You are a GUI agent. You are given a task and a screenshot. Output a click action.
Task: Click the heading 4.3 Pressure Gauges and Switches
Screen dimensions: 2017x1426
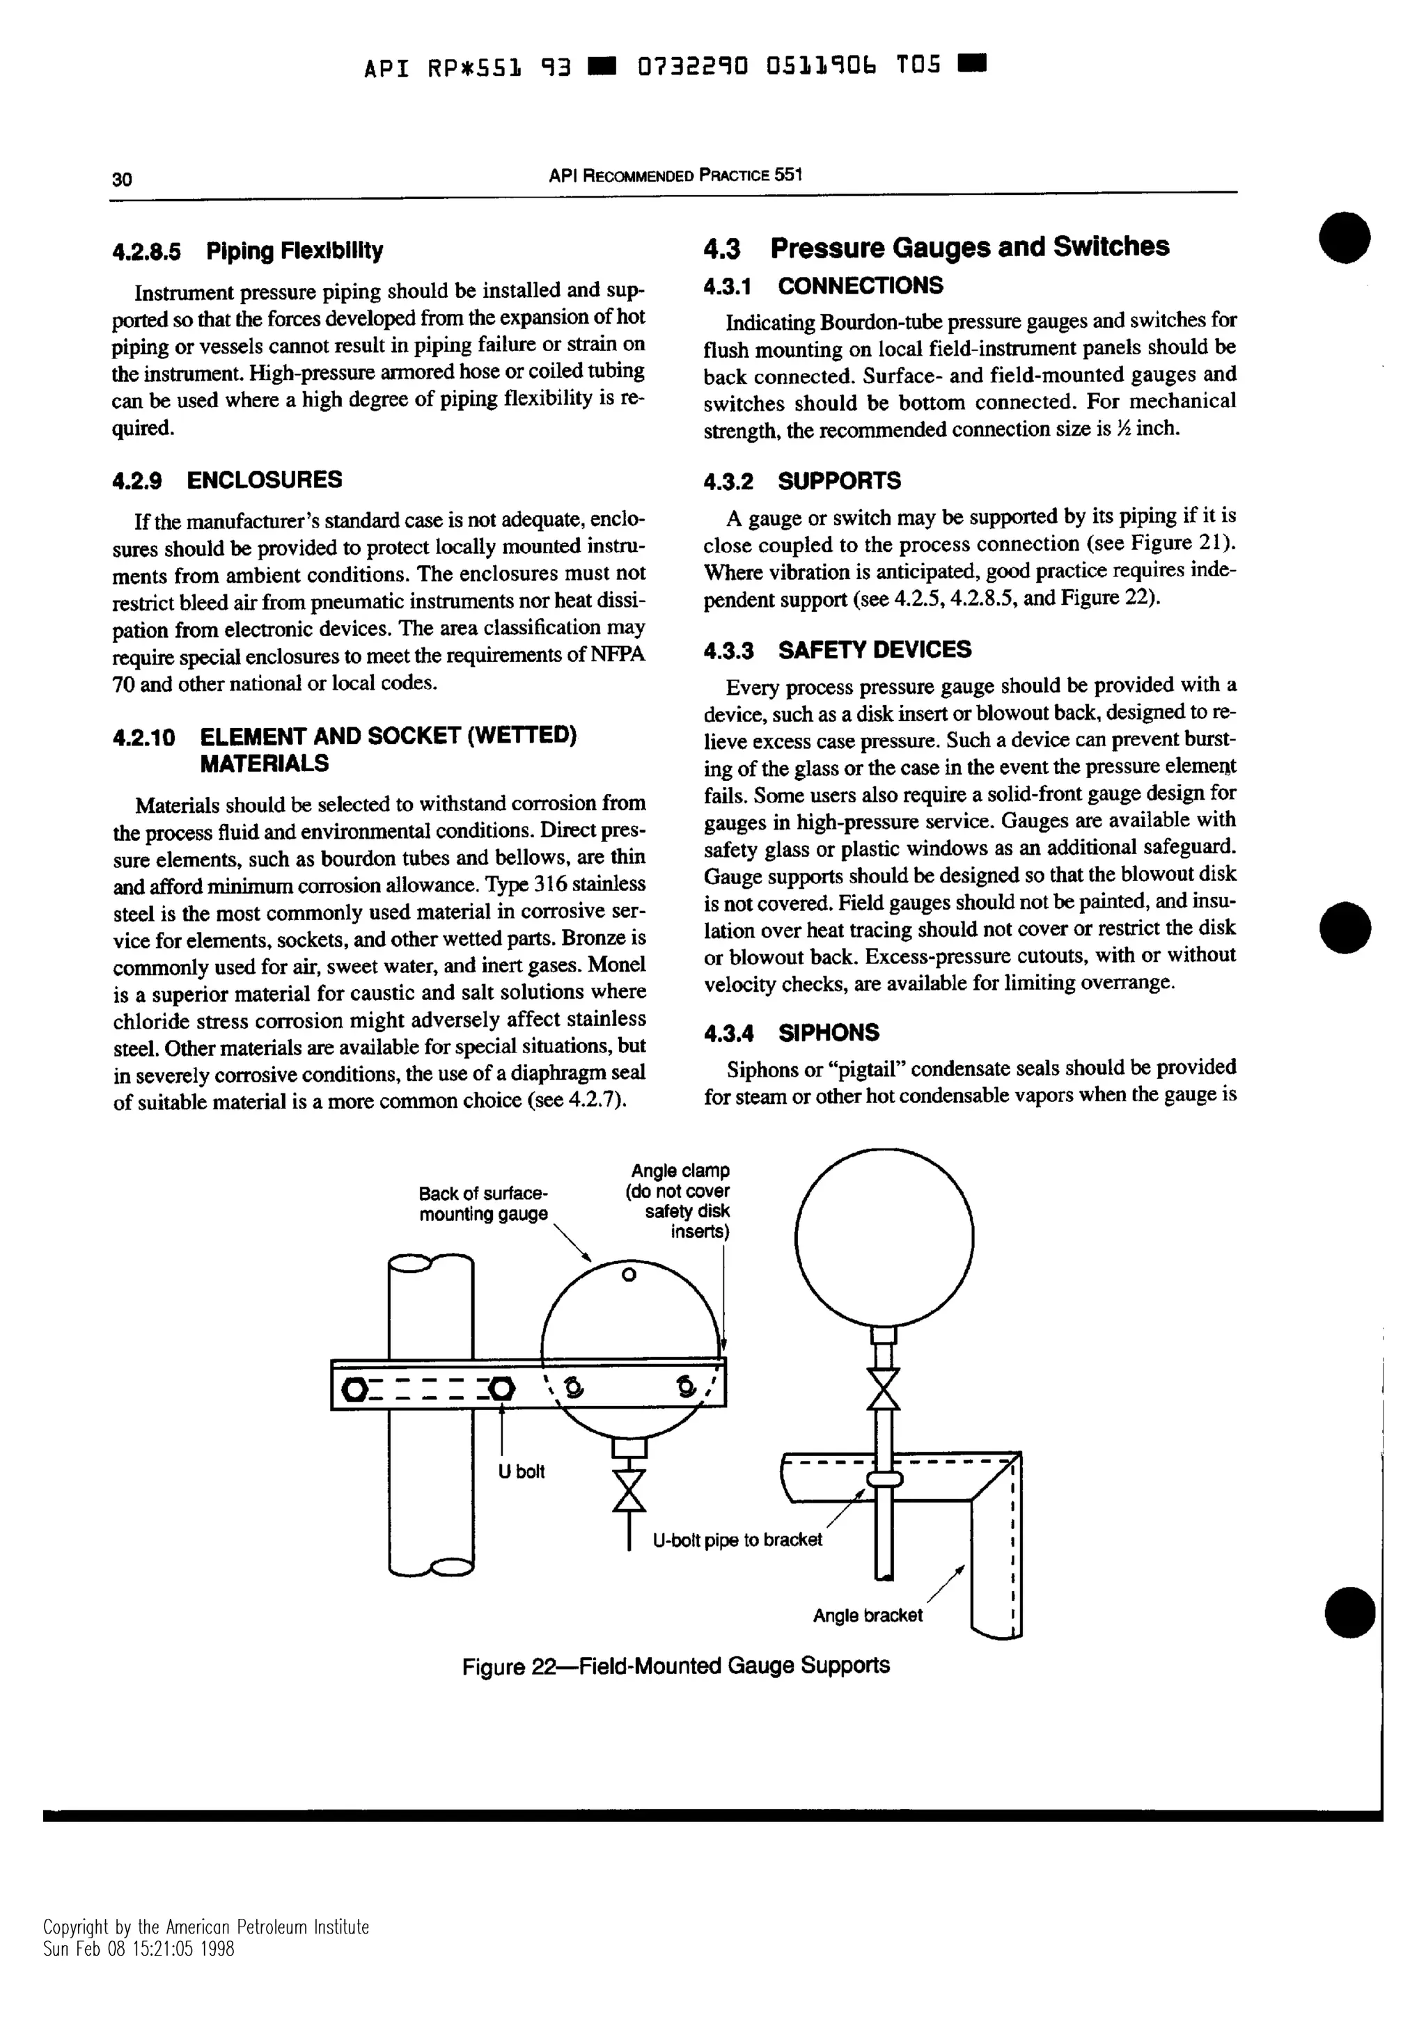coord(936,248)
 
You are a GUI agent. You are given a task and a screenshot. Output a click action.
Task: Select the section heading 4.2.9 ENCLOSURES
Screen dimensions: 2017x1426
coord(228,480)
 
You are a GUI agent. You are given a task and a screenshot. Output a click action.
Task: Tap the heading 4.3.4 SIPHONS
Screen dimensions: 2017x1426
coord(792,1033)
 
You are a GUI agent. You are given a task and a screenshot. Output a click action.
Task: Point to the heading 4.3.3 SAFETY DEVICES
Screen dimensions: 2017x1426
coord(838,650)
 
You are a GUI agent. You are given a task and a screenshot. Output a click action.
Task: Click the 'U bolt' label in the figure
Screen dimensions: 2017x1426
coord(521,1471)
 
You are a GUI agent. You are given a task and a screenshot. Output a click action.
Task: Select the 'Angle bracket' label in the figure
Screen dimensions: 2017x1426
coord(867,1615)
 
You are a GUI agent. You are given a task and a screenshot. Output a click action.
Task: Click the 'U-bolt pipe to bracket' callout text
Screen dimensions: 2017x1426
coord(737,1540)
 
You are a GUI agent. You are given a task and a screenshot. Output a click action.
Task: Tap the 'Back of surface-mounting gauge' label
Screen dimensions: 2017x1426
coord(483,1204)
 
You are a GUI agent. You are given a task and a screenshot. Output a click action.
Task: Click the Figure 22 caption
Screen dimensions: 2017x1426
coord(675,1666)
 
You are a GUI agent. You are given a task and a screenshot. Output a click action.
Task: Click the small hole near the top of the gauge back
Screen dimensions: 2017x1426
coord(627,1274)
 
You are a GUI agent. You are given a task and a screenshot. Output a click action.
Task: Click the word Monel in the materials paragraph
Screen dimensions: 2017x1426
coord(617,965)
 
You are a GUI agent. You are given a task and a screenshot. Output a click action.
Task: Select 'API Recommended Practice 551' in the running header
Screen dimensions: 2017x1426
coord(675,175)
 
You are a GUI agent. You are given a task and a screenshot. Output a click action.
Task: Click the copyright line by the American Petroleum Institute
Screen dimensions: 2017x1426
coord(207,1952)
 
